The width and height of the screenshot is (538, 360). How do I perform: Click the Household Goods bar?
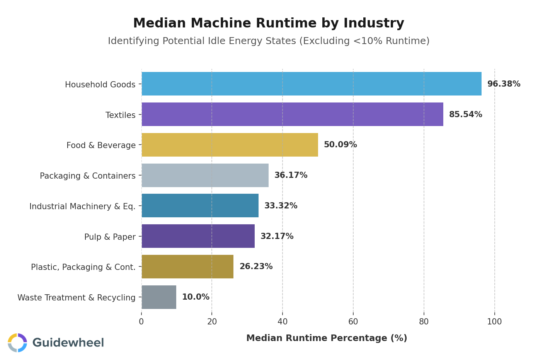[x=311, y=84]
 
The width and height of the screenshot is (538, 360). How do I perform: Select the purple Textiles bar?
[x=292, y=114]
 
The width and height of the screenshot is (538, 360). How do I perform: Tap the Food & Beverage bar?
[x=230, y=145]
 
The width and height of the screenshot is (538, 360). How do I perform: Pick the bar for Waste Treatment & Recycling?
[x=159, y=297]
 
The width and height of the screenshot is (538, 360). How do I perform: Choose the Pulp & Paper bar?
[x=198, y=236]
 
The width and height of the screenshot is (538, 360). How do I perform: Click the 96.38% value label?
[x=504, y=84]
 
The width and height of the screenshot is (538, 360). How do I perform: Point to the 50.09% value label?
[x=340, y=145]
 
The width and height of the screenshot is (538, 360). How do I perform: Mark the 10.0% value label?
[x=196, y=297]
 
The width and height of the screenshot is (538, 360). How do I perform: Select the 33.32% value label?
[x=281, y=206]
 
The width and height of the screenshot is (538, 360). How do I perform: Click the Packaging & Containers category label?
[x=88, y=176]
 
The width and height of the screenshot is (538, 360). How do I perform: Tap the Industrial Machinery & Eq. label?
[x=82, y=206]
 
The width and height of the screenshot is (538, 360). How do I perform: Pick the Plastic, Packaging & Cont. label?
[x=83, y=267]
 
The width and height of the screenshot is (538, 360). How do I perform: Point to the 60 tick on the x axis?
[x=353, y=322]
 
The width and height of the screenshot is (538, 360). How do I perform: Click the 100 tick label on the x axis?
[x=494, y=322]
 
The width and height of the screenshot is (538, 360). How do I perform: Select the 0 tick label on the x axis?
[x=141, y=322]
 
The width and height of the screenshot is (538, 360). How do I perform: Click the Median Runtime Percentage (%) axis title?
[x=327, y=338]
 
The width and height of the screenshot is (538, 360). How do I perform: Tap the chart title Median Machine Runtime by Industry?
[x=269, y=23]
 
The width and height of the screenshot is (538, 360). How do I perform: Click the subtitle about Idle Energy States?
[x=269, y=41]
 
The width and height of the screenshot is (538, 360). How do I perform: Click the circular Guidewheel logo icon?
[x=17, y=343]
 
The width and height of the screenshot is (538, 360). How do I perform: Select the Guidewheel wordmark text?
[x=68, y=343]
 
